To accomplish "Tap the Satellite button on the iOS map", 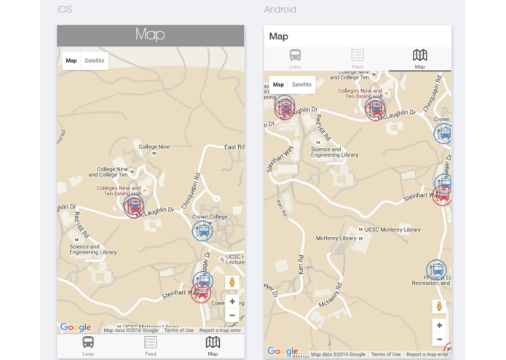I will point(95,60).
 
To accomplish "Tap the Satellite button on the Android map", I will point(301,85).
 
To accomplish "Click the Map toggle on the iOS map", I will point(71,60).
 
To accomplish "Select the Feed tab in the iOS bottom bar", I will point(150,345).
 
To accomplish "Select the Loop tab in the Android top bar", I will point(295,58).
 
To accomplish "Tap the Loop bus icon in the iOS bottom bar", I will point(88,343).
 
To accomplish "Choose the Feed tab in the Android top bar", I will point(357,58).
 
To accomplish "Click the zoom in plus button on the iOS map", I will point(232,301).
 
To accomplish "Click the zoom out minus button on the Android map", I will point(439,340).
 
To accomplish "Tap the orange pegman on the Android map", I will point(439,306).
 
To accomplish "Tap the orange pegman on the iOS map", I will point(232,282).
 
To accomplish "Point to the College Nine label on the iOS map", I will point(154,146).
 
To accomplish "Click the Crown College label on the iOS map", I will point(210,216).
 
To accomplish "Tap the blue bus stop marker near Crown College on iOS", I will point(202,230).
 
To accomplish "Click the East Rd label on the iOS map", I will point(234,147).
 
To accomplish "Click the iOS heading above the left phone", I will point(65,9).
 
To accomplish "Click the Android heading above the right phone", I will point(280,9).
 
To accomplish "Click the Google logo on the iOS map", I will point(76,328).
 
